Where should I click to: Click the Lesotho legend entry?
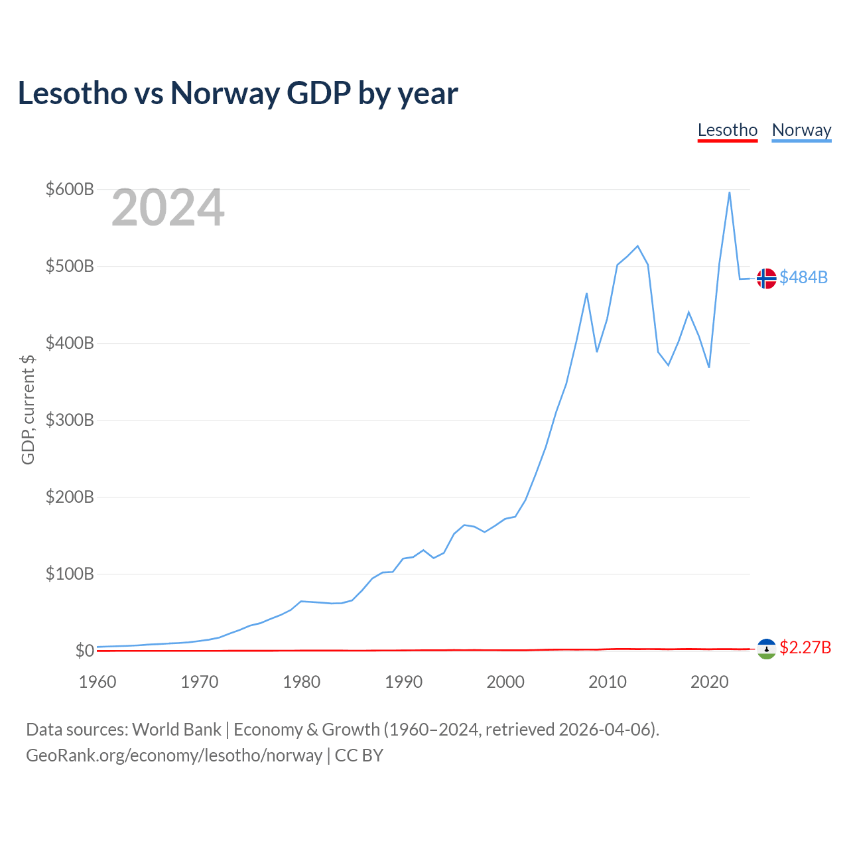727,130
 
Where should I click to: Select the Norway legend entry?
801,130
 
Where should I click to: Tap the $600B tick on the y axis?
70,189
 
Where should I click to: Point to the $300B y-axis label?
70,420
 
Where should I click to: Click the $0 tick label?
84,651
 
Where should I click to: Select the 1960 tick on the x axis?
98,682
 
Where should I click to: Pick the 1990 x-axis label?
403,682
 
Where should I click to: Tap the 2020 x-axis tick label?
709,682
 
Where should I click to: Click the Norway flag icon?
766,279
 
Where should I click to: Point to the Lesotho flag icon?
766,649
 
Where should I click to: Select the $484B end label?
803,277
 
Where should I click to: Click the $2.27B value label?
805,647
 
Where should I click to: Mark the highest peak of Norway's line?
729,192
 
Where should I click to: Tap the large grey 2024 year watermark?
168,208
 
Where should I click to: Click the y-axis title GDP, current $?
28,410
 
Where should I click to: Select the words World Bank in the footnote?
176,730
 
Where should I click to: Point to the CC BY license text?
359,755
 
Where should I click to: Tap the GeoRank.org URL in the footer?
174,755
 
